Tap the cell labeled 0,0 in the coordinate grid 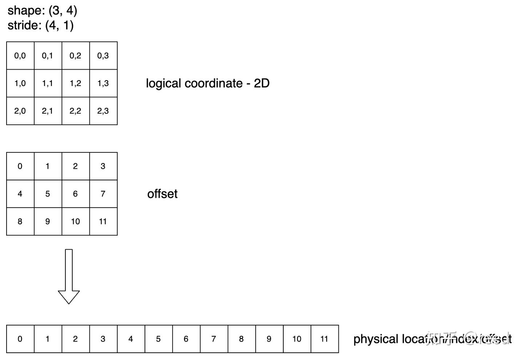click(20, 56)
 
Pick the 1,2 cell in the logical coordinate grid click(76, 83)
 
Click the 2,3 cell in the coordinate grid click(103, 111)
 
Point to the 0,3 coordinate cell click(103, 56)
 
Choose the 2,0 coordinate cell click(20, 111)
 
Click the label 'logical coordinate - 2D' click(207, 83)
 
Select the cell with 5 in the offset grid click(48, 194)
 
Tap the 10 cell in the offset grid click(76, 221)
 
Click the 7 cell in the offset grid click(103, 194)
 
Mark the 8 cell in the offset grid click(20, 221)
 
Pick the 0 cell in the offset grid click(20, 166)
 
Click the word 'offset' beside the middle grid click(162, 194)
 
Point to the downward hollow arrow click(69, 276)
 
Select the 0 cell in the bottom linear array click(20, 339)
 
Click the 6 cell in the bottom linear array click(186, 339)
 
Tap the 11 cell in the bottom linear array click(325, 339)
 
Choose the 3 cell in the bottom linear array click(103, 339)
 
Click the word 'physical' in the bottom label click(376, 339)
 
